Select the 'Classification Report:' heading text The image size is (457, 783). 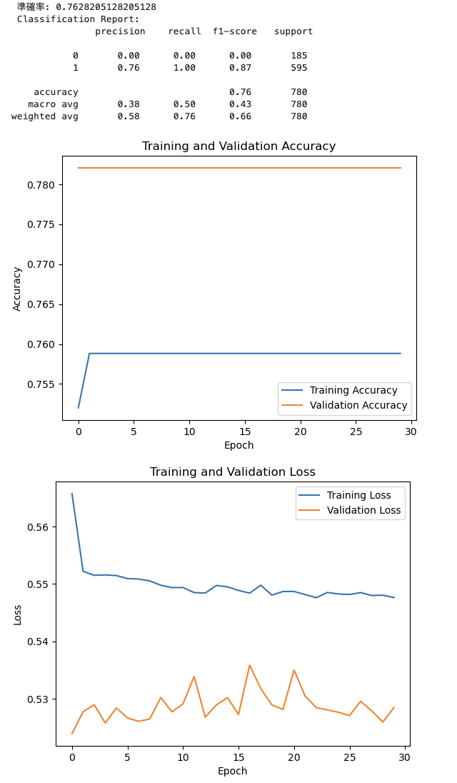click(x=79, y=19)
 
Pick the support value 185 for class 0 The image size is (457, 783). click(x=298, y=56)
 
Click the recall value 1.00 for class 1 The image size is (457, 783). click(x=184, y=68)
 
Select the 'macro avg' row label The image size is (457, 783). click(x=53, y=104)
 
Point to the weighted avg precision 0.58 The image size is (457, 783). click(x=129, y=116)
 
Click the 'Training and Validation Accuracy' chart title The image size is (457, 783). click(x=238, y=146)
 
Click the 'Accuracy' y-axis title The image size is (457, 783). click(x=18, y=289)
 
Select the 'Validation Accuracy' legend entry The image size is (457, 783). click(x=358, y=405)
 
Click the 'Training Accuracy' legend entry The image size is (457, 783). click(x=353, y=390)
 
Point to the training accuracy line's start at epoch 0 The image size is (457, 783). click(x=79, y=408)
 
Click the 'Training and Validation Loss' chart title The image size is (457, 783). click(x=232, y=472)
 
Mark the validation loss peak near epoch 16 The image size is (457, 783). click(x=249, y=665)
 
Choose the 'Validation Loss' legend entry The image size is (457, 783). click(x=363, y=510)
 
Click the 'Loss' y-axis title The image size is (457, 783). click(x=18, y=614)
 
